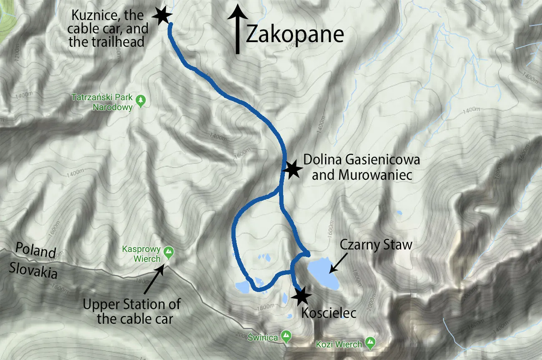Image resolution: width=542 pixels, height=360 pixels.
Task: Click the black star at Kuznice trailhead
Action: pos(162,15)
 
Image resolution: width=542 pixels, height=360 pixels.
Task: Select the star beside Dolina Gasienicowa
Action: pos(291,169)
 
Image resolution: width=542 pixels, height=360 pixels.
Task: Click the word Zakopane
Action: pos(294,35)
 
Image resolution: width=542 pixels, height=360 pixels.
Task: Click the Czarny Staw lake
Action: pos(323,273)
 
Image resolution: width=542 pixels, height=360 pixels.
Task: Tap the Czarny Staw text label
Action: pos(376,244)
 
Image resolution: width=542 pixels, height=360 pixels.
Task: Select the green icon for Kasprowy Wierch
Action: pos(168,252)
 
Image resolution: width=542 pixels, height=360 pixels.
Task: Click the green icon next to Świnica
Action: pos(286,335)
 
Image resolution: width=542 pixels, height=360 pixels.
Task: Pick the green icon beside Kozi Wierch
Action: pos(370,343)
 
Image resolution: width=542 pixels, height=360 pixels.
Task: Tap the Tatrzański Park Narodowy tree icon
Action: pos(141,100)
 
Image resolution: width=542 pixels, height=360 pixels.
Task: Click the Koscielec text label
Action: pos(329,313)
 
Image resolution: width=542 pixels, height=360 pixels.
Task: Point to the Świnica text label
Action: pos(263,337)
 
